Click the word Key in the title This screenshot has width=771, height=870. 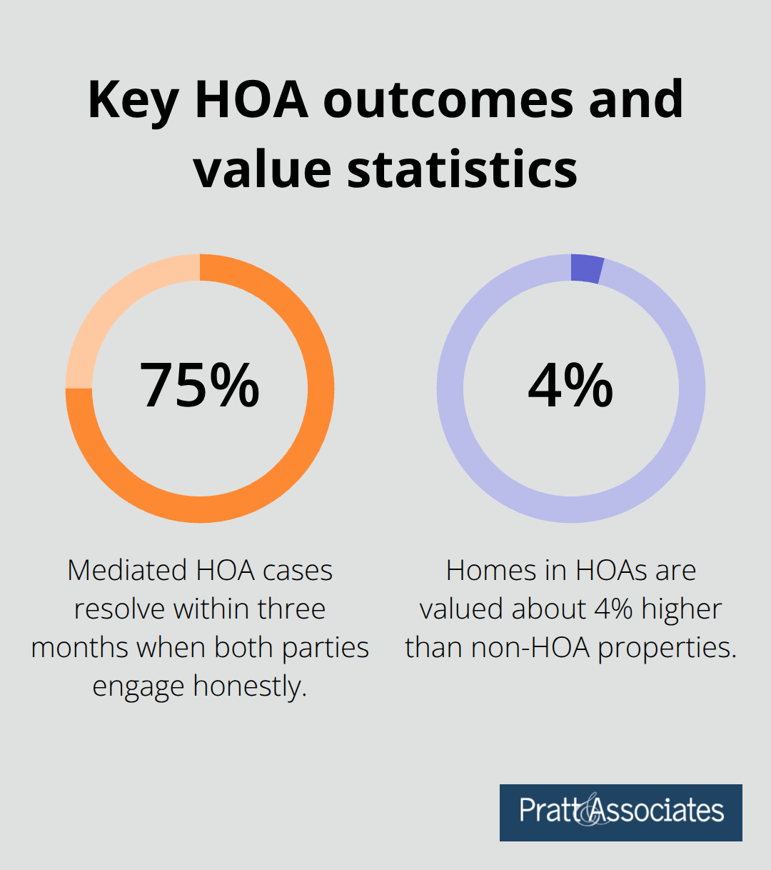pos(132,100)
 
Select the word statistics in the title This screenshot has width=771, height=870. pos(462,169)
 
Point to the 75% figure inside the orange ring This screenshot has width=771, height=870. pos(199,386)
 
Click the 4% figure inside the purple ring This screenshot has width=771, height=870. pos(570,386)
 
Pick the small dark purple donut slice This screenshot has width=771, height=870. pos(588,269)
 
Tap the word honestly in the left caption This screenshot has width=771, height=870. pos(250,686)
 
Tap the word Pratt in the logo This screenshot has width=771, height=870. pos(550,811)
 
